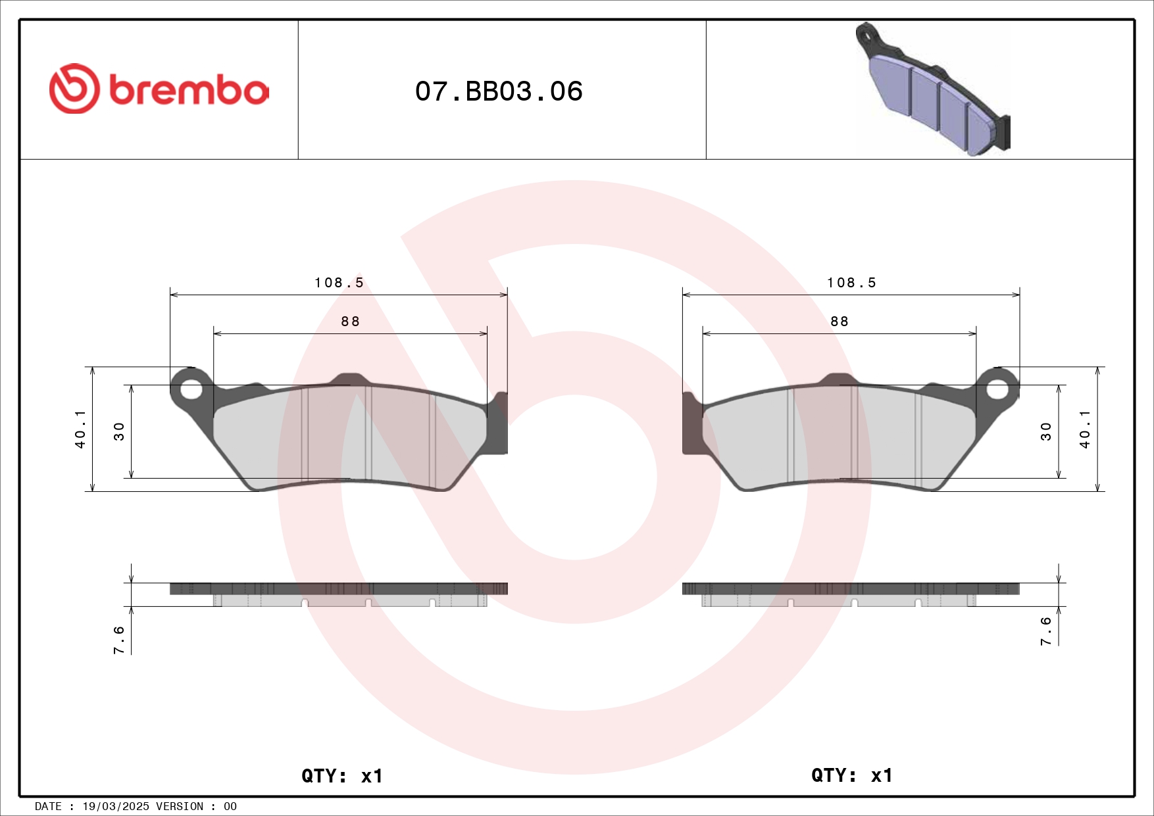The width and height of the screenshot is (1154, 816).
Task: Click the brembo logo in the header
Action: coord(159,89)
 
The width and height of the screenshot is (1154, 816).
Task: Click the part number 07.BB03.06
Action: coord(499,91)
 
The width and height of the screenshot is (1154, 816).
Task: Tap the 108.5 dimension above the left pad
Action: coord(339,283)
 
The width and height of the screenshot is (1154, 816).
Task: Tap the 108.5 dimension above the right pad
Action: coord(851,283)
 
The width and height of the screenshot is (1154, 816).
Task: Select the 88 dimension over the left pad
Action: coord(350,322)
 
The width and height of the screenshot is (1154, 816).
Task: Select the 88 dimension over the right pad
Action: coord(839,322)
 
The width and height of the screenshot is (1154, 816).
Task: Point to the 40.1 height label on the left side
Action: coord(80,429)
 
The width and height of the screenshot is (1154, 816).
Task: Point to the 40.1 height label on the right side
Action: coord(1084,429)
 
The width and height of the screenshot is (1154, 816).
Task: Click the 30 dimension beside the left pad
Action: coord(119,431)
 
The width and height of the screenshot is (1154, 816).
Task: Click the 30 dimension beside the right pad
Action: coord(1046,431)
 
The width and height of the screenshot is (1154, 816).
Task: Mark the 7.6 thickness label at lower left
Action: coord(119,639)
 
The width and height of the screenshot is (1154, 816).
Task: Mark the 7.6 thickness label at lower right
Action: coord(1046,631)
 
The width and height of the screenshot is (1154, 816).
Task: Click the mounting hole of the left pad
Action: coord(191,389)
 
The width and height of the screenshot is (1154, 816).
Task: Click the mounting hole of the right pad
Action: coord(997,389)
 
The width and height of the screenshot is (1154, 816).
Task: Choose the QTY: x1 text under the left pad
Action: coord(341,776)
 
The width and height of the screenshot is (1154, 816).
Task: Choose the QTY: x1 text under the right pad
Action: coord(851,775)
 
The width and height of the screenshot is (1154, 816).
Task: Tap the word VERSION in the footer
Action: coord(180,806)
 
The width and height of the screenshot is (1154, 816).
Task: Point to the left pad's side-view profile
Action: coord(339,594)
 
